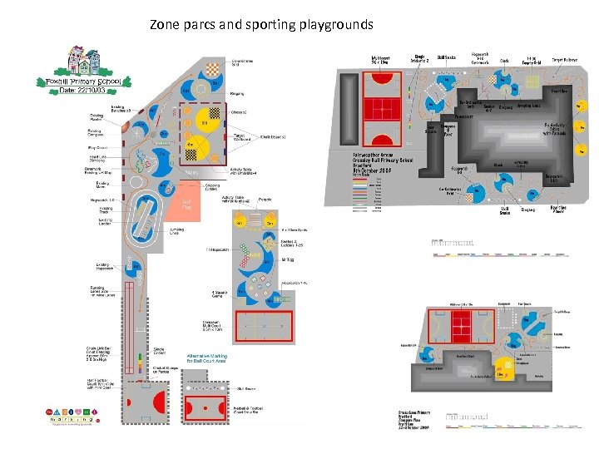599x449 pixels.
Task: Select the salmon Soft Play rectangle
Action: [187, 205]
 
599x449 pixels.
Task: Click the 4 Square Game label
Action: [220, 293]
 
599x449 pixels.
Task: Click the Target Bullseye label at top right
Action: [565, 60]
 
